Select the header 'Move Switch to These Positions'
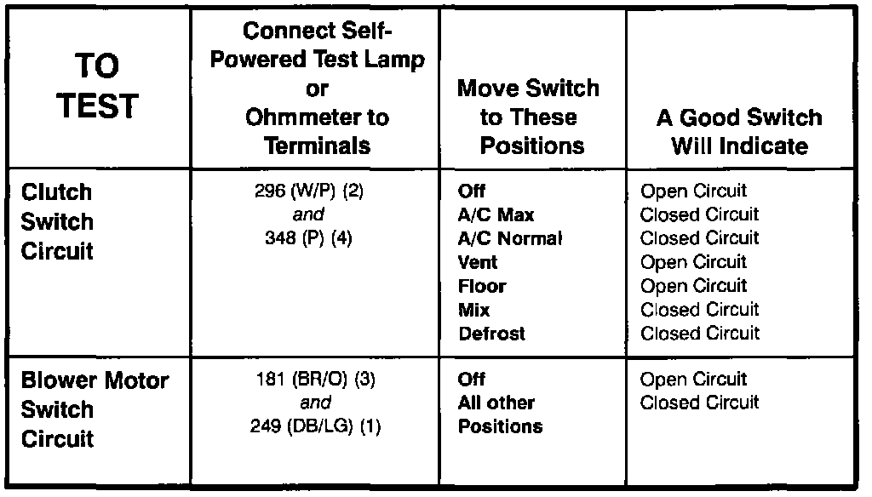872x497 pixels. (x=528, y=117)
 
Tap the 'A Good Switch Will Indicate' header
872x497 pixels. (x=739, y=131)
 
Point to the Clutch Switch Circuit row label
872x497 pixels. (x=57, y=221)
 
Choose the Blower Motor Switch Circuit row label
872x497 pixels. (x=95, y=409)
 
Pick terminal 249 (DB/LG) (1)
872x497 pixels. (x=316, y=426)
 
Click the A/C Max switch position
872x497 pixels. (x=496, y=215)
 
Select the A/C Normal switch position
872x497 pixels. (x=510, y=239)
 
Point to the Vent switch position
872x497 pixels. (x=478, y=262)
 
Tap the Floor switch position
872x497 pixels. (x=482, y=286)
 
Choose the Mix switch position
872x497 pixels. (x=474, y=310)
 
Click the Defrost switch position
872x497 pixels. (x=491, y=334)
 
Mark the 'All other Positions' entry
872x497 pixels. (x=496, y=414)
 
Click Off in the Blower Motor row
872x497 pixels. (x=471, y=380)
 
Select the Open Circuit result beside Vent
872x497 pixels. (x=693, y=262)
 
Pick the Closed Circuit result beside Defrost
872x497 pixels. (x=699, y=334)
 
